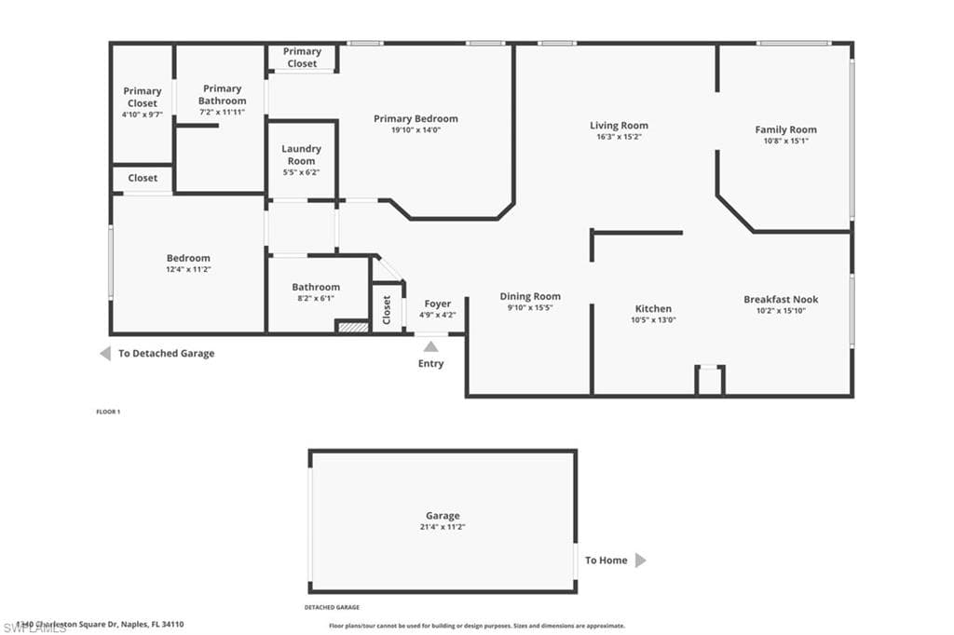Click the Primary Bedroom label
(416, 119)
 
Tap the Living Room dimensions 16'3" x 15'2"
(619, 137)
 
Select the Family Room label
(785, 130)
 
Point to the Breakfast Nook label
(781, 300)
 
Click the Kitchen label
(653, 309)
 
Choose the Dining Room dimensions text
(530, 307)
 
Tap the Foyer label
(437, 304)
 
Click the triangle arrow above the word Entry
(430, 346)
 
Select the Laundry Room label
(301, 155)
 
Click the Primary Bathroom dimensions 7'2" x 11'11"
(222, 112)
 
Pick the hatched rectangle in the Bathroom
(353, 327)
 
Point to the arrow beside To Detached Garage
(105, 354)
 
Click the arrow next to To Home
(640, 561)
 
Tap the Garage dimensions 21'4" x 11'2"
(443, 527)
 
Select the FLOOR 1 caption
(109, 412)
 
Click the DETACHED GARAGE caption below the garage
(332, 607)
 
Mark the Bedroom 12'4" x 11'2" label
(188, 263)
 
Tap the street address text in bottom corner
(93, 625)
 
